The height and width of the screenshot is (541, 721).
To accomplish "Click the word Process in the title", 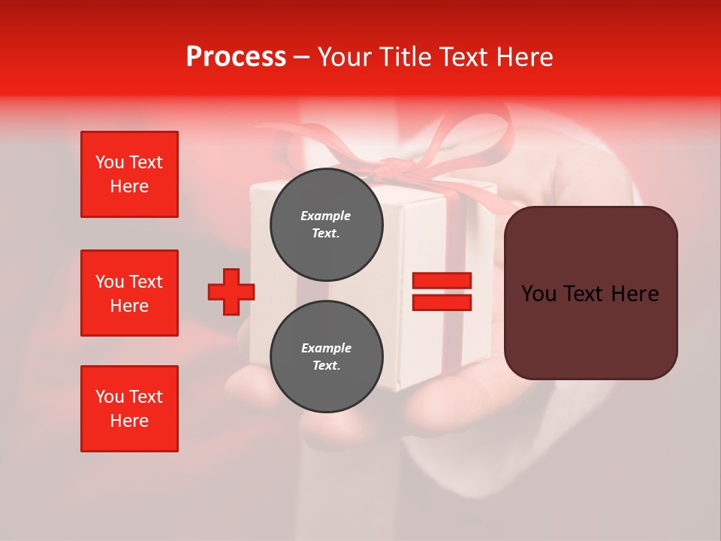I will [236, 57].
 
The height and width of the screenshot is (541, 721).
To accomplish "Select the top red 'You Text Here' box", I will [129, 174].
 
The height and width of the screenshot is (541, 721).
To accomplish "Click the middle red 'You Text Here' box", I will [129, 293].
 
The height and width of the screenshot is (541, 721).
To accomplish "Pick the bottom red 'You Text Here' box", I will [129, 409].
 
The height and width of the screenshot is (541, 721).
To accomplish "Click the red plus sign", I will [231, 292].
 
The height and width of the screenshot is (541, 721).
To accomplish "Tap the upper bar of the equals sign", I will [442, 280].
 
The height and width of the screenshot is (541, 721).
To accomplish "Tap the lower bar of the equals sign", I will [442, 303].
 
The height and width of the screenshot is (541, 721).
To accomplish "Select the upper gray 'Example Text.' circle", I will [326, 224].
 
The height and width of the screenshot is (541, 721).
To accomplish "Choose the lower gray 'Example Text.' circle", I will [326, 356].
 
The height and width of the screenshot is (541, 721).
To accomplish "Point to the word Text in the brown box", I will [588, 294].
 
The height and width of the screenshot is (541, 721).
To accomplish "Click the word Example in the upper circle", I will [326, 216].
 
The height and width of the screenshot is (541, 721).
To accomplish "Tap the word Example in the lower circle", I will [326, 348].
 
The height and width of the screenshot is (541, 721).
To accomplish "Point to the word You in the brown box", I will [538, 294].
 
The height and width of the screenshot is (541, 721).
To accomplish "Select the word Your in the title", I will [344, 57].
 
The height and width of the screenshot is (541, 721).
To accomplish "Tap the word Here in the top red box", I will [129, 186].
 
